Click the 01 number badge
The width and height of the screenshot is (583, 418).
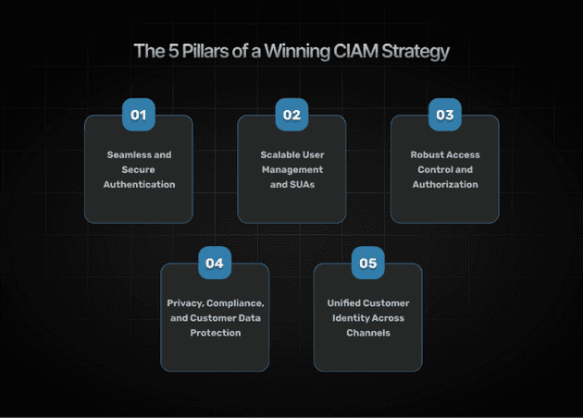tap(138, 116)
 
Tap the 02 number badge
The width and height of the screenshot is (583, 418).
tap(291, 116)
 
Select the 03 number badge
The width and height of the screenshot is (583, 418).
tap(445, 116)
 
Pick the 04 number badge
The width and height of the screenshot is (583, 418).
tap(215, 264)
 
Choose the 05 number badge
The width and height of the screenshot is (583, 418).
tap(368, 264)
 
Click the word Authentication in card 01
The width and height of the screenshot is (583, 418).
tap(139, 184)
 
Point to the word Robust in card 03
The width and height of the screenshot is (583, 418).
tap(428, 154)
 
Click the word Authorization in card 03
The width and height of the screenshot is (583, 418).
tap(445, 184)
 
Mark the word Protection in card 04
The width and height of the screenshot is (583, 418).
tap(216, 332)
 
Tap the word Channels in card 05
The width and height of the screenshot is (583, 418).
tap(368, 332)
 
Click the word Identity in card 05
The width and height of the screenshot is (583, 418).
tap(350, 317)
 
